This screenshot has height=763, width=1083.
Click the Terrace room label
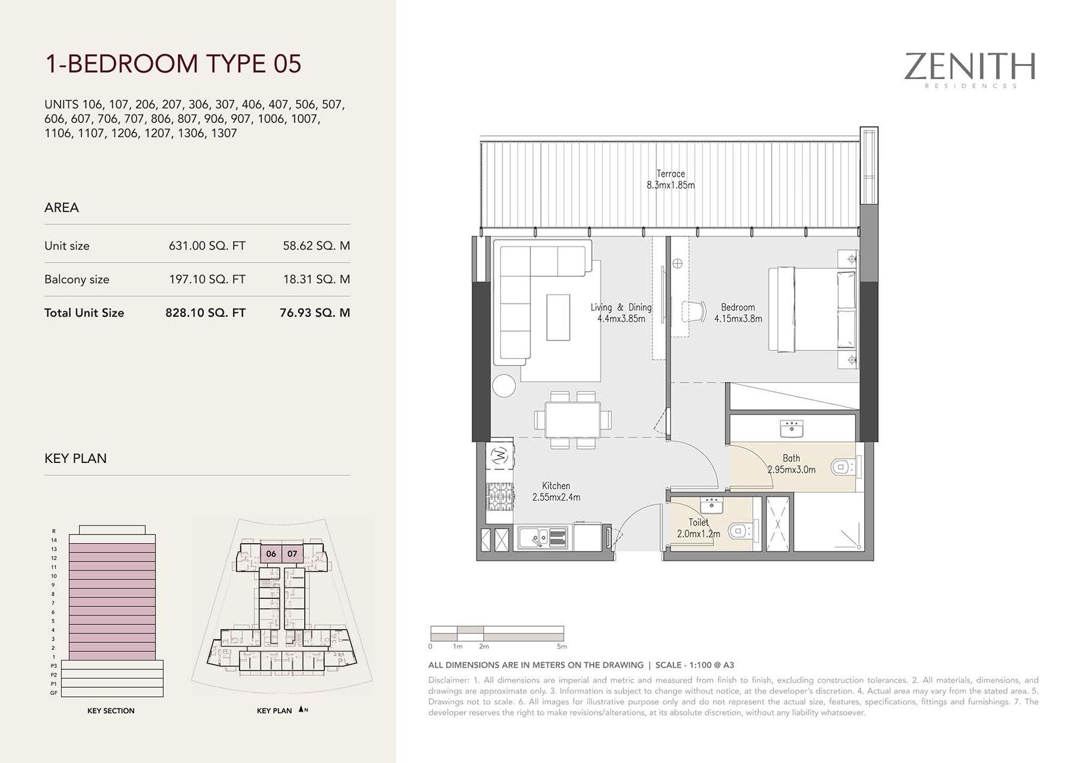point(670,174)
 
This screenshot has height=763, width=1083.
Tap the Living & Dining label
point(621,307)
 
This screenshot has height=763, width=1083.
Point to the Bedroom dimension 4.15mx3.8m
point(738,319)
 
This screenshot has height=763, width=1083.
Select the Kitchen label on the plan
point(556,486)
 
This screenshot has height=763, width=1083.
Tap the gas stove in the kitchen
point(500,496)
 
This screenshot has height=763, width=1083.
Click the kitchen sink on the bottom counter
point(543,538)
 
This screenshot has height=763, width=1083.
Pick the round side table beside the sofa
point(504,386)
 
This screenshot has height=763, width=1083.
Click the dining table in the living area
point(573,420)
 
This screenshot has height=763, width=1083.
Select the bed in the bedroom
point(812,309)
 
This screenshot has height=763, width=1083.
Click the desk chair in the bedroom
point(695,311)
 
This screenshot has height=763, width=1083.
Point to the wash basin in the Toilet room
point(712,506)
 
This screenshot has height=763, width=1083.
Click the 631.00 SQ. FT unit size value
point(207,246)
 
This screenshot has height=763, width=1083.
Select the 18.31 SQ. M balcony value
point(316,279)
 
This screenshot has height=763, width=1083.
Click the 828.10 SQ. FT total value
point(205,313)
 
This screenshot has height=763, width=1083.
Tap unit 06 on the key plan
point(271,554)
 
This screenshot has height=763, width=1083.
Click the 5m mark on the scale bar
point(562,647)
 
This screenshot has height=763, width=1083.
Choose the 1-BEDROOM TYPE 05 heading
point(173,63)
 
